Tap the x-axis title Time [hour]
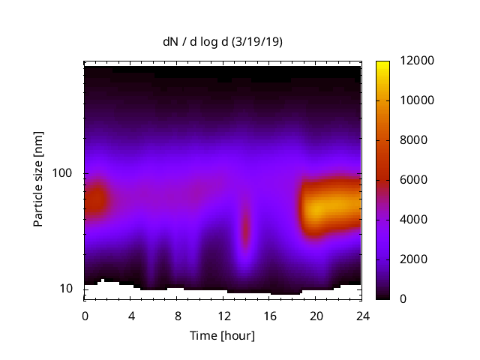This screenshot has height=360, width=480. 222,335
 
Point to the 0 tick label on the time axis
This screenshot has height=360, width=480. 85,315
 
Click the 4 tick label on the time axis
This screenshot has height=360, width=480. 131,315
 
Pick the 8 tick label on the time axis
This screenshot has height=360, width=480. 177,315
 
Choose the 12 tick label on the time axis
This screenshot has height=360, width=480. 223,315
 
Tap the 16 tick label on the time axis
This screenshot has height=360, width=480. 269,315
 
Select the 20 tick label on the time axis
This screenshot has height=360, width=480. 316,315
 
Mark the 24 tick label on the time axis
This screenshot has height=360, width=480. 361,315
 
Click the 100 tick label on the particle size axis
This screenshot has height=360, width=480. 65,173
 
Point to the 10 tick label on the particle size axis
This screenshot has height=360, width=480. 68,289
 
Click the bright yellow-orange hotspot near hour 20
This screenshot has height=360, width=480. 319,208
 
